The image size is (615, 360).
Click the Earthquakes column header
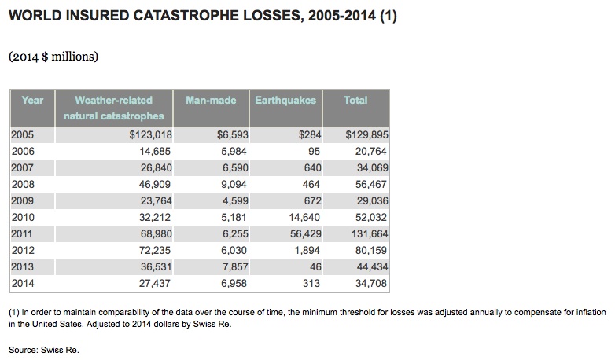286,101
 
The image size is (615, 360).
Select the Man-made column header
211,101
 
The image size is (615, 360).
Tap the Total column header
355,101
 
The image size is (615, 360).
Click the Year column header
32,101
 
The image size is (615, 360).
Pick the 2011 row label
23,233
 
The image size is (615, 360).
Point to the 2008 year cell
23,184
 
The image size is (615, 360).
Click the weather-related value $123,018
150,134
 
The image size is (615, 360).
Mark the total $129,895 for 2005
367,134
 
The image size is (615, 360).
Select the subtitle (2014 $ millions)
53,57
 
